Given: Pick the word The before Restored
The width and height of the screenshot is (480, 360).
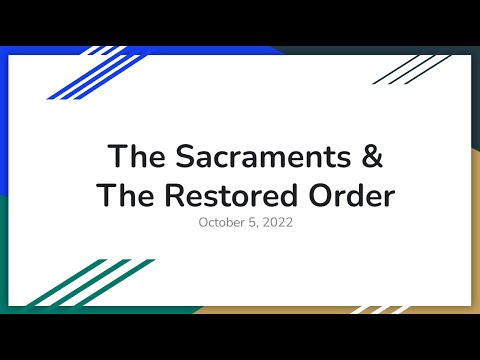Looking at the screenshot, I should point(122,195).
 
